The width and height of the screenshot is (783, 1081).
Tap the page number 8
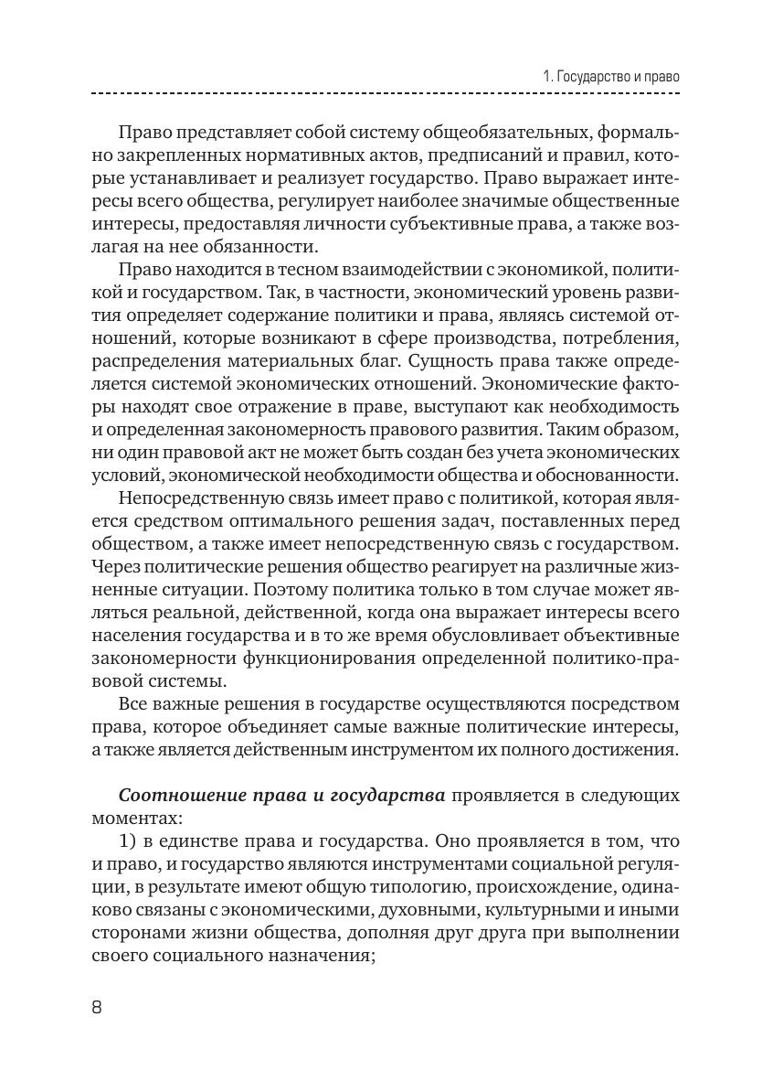click(98, 1007)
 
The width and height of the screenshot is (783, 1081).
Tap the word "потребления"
click(628, 337)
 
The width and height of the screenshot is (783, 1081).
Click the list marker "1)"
click(131, 840)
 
